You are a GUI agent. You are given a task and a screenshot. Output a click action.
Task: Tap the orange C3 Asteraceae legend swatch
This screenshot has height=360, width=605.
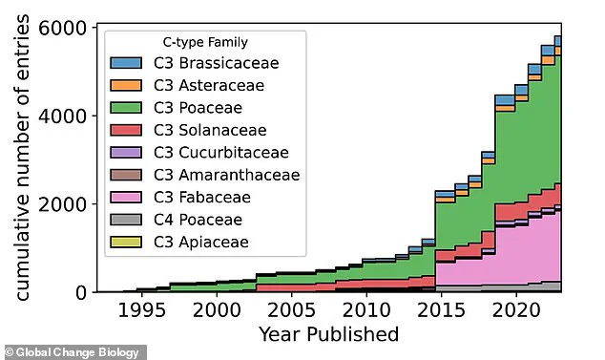(x=126, y=86)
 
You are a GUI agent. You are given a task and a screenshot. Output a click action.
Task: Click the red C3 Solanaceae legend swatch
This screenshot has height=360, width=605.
(x=126, y=131)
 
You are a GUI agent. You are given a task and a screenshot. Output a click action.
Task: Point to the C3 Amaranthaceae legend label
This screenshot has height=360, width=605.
(x=226, y=175)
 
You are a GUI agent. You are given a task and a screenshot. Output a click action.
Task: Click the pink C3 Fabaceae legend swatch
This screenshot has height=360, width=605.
(x=126, y=198)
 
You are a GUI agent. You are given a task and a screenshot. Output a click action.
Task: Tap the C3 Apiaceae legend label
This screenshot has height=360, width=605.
(x=200, y=242)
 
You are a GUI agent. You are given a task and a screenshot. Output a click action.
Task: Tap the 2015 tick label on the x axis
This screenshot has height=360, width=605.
(x=439, y=311)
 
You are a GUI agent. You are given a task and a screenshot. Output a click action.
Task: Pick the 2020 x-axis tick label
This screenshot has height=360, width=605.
(x=513, y=311)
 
